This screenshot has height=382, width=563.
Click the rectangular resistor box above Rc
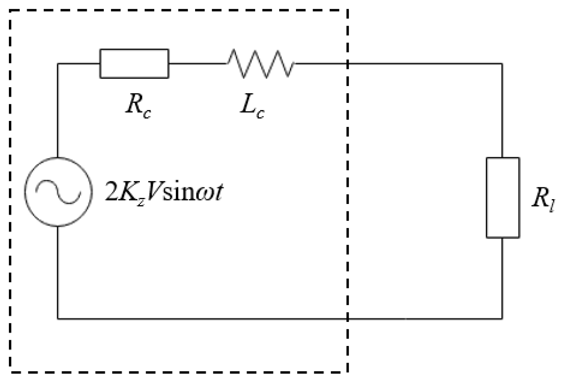pyautogui.click(x=134, y=64)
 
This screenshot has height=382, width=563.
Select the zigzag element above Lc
pyautogui.click(x=261, y=64)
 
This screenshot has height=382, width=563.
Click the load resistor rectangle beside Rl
pyautogui.click(x=503, y=197)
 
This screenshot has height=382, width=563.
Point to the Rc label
pyautogui.click(x=138, y=107)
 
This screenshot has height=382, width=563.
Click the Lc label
pyautogui.click(x=252, y=107)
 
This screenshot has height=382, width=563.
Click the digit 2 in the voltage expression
pyautogui.click(x=111, y=193)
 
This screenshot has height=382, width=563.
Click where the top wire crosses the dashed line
pyautogui.click(x=348, y=64)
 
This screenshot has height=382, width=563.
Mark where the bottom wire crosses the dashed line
pyautogui.click(x=348, y=318)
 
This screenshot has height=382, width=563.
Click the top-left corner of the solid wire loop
pyautogui.click(x=58, y=64)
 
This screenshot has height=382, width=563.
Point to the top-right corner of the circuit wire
pyautogui.click(x=502, y=64)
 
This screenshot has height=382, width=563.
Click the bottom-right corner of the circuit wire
pyautogui.click(x=502, y=318)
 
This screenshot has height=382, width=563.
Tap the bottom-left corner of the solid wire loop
pyautogui.click(x=58, y=318)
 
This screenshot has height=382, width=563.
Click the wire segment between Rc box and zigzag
pyautogui.click(x=197, y=64)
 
